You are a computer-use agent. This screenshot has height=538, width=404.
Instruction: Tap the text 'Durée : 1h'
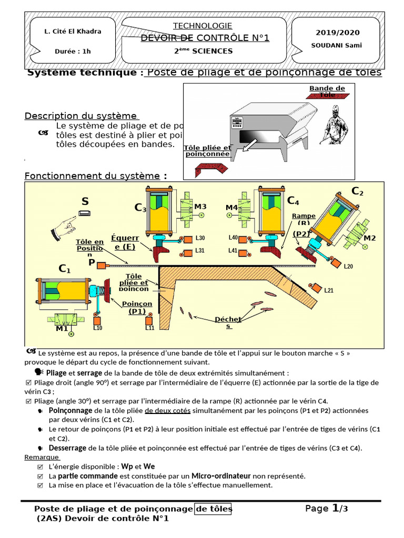(73, 51)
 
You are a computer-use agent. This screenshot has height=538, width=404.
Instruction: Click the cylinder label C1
(65, 269)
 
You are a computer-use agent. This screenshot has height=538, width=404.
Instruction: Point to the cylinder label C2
(357, 191)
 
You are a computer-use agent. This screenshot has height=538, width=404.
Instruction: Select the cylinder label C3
(140, 208)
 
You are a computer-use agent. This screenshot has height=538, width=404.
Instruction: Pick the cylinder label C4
(293, 201)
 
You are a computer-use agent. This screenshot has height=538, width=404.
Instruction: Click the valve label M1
(62, 329)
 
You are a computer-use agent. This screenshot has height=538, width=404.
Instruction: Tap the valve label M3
(200, 206)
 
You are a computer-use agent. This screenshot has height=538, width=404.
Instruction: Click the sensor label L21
(329, 290)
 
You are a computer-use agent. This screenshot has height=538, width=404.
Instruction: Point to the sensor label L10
(98, 328)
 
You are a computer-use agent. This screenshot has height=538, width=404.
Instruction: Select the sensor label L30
(200, 239)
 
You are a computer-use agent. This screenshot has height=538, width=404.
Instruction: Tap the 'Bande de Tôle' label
(327, 92)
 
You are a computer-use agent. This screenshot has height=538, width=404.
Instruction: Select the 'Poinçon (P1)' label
(137, 307)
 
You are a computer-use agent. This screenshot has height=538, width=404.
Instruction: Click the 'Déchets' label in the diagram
(228, 322)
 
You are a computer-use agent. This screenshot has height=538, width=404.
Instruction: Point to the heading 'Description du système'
(82, 116)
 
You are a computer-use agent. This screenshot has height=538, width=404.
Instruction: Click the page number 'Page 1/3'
(327, 509)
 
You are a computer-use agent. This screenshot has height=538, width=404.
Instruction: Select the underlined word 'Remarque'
(42, 458)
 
